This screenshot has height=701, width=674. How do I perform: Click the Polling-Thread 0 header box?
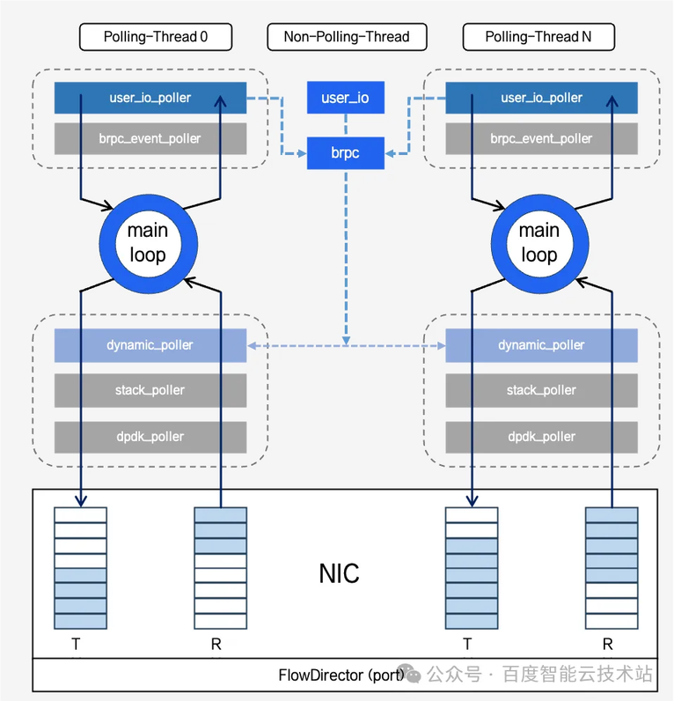point(155,37)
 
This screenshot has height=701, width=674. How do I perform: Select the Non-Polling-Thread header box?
point(346,37)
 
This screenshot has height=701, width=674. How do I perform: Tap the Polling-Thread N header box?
point(538,37)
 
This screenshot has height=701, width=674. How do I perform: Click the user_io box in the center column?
point(346,98)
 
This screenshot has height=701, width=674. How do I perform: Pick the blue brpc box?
point(346,153)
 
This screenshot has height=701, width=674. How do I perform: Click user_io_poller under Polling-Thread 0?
point(150,98)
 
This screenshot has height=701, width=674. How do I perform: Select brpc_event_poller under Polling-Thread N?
point(541,138)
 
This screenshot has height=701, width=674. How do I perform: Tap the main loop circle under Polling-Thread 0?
point(147,242)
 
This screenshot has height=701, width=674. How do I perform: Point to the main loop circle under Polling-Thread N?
point(538,242)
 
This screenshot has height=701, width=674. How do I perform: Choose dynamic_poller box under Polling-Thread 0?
point(150,345)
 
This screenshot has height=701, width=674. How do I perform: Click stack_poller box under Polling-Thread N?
point(541,390)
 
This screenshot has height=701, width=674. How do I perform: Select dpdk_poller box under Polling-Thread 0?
point(150,437)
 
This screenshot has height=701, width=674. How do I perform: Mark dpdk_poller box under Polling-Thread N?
point(541,437)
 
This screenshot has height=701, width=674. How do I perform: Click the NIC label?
point(339,573)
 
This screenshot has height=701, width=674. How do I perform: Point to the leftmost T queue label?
point(77,645)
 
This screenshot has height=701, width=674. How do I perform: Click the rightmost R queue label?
point(608,645)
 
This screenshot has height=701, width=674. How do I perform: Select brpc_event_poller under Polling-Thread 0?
point(150,138)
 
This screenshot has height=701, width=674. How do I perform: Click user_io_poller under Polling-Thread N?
point(541,98)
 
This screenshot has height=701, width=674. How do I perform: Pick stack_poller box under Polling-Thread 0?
point(150,390)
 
